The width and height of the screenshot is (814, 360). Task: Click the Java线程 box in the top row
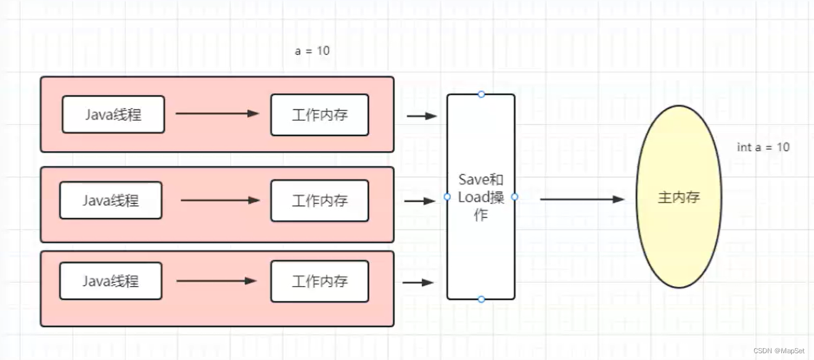[x=113, y=115]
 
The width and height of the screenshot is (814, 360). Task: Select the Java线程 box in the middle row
[x=111, y=200]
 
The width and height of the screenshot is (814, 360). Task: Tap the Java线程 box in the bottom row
[x=111, y=281]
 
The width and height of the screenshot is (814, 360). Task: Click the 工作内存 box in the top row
[x=319, y=115]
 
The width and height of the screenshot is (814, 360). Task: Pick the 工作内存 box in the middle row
[x=319, y=200]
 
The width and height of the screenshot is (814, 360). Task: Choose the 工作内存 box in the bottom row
[x=319, y=281]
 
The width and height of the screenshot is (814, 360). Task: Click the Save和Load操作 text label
[x=481, y=197]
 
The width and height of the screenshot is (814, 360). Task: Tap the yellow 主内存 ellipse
[x=679, y=198]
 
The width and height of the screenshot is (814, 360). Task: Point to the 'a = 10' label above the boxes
[x=312, y=51]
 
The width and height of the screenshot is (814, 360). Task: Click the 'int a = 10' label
[x=763, y=147]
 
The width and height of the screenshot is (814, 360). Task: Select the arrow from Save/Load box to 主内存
[x=582, y=199]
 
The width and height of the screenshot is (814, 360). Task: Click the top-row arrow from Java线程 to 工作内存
[x=217, y=113]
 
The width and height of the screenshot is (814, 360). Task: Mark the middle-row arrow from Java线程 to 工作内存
[x=220, y=200]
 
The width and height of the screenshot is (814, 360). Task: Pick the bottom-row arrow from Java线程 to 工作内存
[x=216, y=281]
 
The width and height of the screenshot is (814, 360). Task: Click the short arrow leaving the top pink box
[x=422, y=116]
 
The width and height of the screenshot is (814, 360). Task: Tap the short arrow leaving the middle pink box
[x=420, y=201]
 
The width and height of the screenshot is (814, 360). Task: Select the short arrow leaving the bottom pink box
[x=418, y=283]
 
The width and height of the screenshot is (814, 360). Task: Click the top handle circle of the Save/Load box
[x=481, y=94]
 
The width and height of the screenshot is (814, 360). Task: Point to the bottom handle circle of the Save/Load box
[x=481, y=300]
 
